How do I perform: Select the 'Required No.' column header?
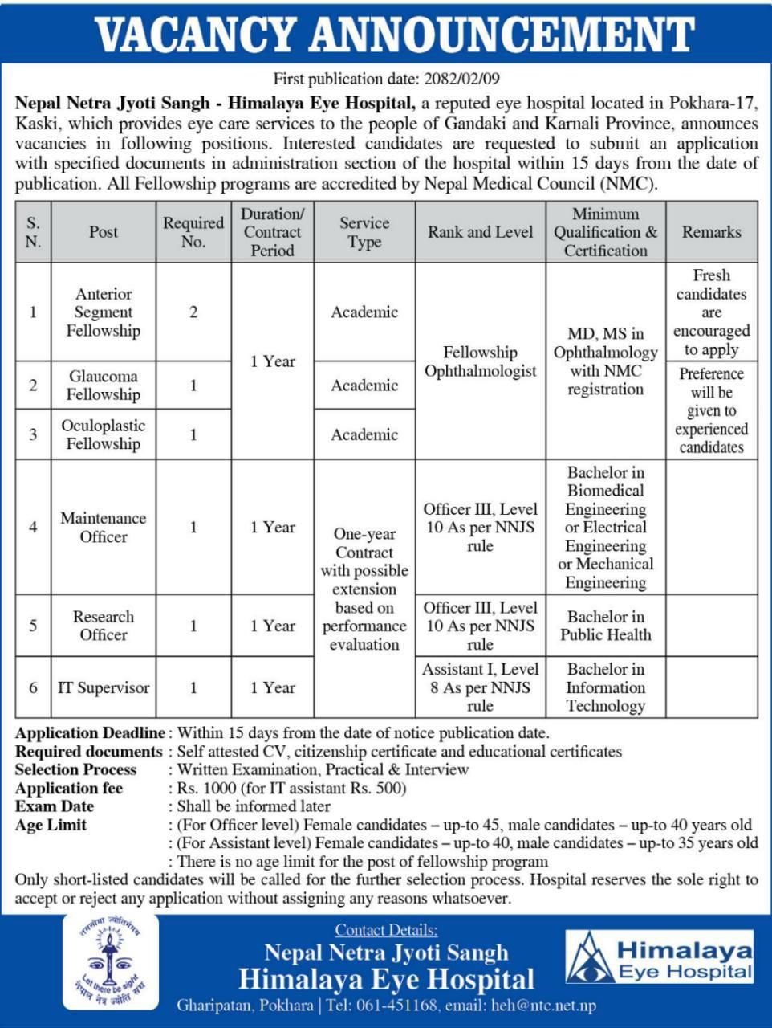click(x=193, y=232)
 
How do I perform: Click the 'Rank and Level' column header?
click(x=480, y=232)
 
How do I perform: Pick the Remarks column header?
click(x=711, y=232)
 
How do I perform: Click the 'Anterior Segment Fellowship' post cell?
click(x=104, y=312)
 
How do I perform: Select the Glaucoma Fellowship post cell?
click(x=104, y=385)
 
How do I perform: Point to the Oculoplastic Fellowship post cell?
click(x=104, y=434)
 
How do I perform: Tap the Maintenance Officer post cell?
click(x=104, y=528)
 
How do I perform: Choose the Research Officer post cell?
click(x=104, y=626)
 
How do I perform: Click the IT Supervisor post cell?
click(x=104, y=687)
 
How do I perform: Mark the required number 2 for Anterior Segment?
click(x=193, y=312)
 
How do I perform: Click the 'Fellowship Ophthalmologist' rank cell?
click(x=480, y=361)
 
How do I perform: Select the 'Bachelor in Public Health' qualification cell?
click(x=605, y=626)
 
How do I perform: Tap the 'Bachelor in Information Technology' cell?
click(x=605, y=687)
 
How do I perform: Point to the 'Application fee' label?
click(x=69, y=788)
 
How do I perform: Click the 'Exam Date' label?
click(x=55, y=806)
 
